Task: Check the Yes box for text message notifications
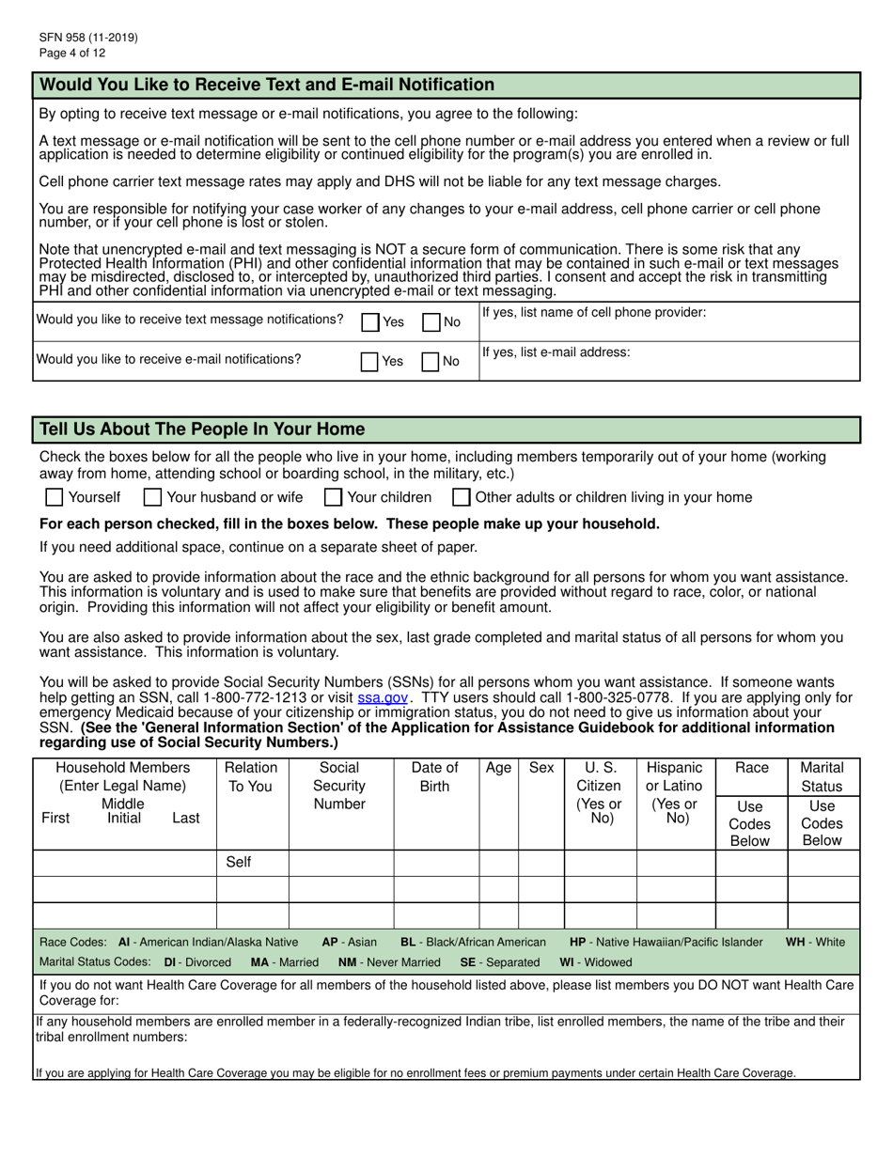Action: (x=370, y=322)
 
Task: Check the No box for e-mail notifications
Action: (x=431, y=362)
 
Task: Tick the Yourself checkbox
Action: (x=55, y=497)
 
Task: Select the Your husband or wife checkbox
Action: (x=153, y=497)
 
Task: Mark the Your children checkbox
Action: (x=333, y=497)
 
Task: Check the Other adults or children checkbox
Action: (x=462, y=497)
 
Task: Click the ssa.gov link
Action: (x=383, y=698)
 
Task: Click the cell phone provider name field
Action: (x=668, y=328)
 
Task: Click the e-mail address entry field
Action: (x=668, y=367)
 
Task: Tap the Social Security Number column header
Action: (x=339, y=786)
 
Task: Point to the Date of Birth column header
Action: (x=435, y=777)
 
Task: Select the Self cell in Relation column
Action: (x=239, y=862)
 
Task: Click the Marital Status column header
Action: (x=822, y=777)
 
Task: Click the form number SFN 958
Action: (x=88, y=38)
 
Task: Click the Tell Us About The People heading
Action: (x=202, y=430)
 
